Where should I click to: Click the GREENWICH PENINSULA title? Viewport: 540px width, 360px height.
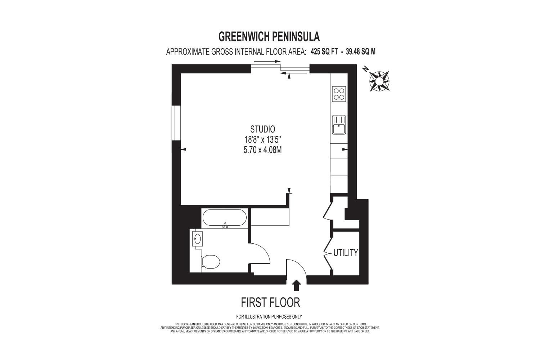pyautogui.click(x=269, y=37)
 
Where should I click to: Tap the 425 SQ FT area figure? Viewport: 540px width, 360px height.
pyautogui.click(x=324, y=51)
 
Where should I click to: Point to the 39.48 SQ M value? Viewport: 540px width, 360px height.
pyautogui.click(x=360, y=51)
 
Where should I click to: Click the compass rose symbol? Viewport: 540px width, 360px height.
pyautogui.click(x=379, y=81)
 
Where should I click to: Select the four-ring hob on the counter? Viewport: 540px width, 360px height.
pyautogui.click(x=339, y=94)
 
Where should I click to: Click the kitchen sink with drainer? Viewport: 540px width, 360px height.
pyautogui.click(x=339, y=125)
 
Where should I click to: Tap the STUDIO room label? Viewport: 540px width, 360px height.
pyautogui.click(x=262, y=129)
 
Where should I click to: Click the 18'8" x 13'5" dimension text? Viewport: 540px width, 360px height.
pyautogui.click(x=263, y=140)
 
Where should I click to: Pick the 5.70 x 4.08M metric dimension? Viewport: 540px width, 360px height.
pyautogui.click(x=262, y=150)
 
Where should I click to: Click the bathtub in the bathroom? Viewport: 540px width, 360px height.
pyautogui.click(x=224, y=218)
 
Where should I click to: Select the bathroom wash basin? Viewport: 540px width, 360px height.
pyautogui.click(x=197, y=239)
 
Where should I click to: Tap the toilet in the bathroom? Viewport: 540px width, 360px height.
pyautogui.click(x=211, y=262)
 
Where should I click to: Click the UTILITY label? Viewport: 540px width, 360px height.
pyautogui.click(x=346, y=253)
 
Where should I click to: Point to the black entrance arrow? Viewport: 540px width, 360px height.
pyautogui.click(x=296, y=285)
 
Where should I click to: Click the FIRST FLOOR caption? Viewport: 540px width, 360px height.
pyautogui.click(x=270, y=302)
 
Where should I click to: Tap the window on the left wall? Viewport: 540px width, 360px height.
pyautogui.click(x=176, y=123)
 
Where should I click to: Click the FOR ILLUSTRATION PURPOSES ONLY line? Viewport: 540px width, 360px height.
pyautogui.click(x=269, y=316)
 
